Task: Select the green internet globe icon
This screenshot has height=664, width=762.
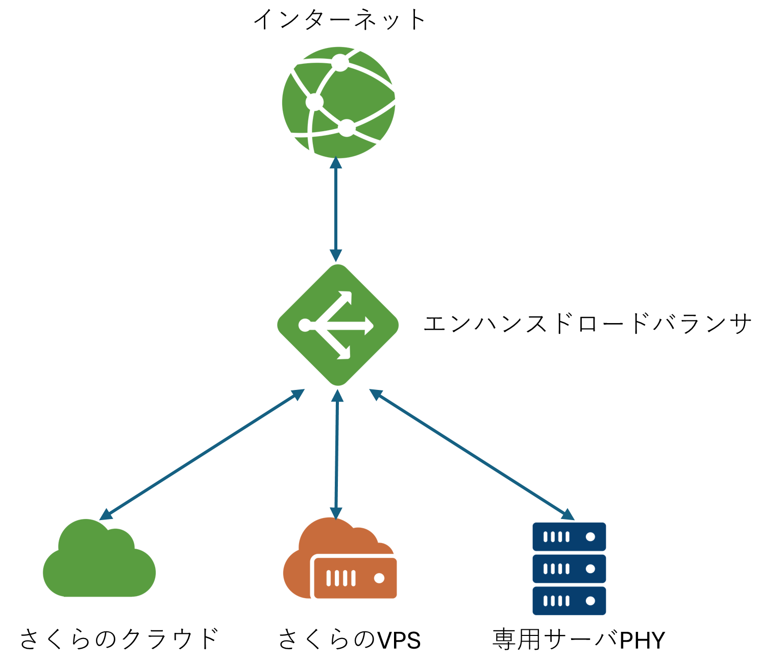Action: click(339, 102)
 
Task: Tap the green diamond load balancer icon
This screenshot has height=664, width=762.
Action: click(338, 325)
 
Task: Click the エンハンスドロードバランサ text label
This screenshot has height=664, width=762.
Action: click(587, 324)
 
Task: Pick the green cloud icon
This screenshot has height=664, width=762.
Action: click(99, 561)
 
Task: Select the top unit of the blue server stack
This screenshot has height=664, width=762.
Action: click(569, 537)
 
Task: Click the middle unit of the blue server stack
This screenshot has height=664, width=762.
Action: click(569, 569)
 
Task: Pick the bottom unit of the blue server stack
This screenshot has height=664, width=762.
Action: click(569, 601)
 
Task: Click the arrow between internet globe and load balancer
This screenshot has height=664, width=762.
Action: click(336, 209)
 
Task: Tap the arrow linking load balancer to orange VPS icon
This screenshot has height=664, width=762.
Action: click(337, 454)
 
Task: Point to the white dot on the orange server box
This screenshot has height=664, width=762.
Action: click(379, 578)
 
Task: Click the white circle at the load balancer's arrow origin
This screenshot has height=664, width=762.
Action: click(305, 325)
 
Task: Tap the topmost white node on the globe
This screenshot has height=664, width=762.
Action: click(340, 63)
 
